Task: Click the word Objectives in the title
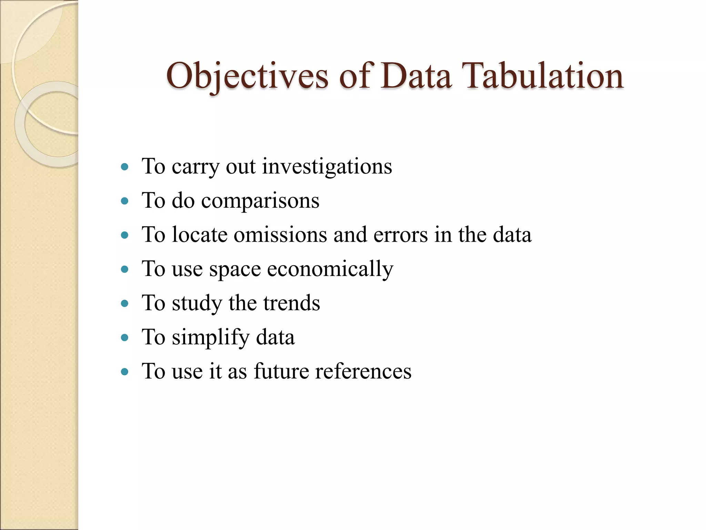247,76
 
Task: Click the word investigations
327,167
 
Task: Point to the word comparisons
260,201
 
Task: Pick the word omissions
280,235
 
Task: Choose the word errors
401,235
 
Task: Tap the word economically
330,269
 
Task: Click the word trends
292,303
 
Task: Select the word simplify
211,337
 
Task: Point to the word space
235,269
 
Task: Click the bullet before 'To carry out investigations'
125,167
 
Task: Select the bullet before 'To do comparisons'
125,201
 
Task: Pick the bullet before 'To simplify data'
125,338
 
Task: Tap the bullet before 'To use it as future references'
125,372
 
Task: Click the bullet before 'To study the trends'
125,304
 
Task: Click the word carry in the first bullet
195,167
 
